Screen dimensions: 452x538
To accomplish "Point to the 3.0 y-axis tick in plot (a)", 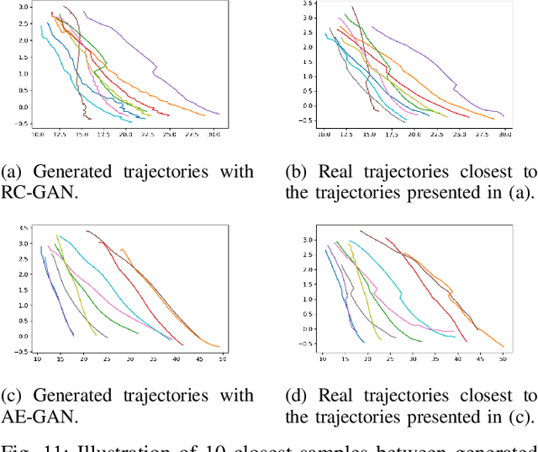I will click(x=26, y=7).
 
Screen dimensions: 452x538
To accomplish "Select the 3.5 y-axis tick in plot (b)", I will click(x=309, y=5).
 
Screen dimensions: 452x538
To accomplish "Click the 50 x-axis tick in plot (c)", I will click(x=223, y=359).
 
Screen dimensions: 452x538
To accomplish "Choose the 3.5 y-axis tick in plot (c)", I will click(x=26, y=229).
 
